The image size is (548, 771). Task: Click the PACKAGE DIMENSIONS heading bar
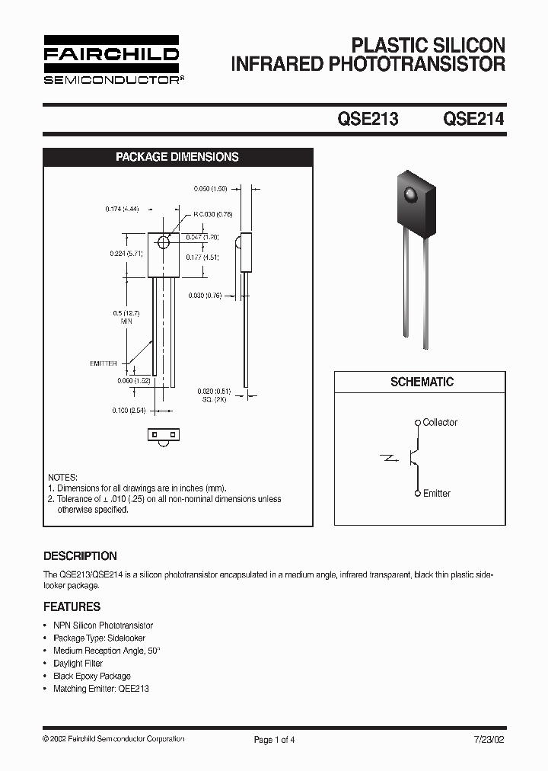177,157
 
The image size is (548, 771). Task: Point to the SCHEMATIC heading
422,382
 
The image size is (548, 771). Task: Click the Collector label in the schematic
440,422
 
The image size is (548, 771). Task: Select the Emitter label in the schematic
436,493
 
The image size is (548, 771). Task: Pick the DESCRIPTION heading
80,556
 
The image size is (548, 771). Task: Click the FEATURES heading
72,607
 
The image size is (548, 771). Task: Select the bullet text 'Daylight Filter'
78,664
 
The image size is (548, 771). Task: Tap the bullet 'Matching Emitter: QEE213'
100,689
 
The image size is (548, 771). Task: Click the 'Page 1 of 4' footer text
274,739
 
